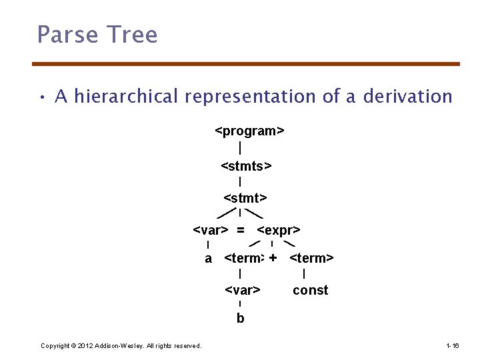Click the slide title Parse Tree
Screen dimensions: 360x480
point(97,34)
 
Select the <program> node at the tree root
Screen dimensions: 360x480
point(249,131)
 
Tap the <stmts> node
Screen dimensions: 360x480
point(245,165)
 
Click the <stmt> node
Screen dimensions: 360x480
point(245,197)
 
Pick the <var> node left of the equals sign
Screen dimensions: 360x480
point(211,230)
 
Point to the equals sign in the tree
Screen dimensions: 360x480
point(240,230)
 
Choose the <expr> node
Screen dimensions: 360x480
point(278,230)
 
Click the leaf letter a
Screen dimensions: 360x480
point(209,258)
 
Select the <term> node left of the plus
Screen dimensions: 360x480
point(244,258)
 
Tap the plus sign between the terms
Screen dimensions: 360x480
point(273,257)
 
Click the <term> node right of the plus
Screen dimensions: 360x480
point(311,258)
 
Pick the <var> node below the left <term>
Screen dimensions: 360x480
point(242,290)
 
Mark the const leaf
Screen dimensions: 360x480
point(310,290)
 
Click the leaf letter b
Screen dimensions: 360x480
point(240,318)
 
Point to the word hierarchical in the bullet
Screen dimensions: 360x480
point(127,97)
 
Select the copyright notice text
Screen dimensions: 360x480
point(121,345)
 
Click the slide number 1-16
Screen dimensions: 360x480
point(452,345)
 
